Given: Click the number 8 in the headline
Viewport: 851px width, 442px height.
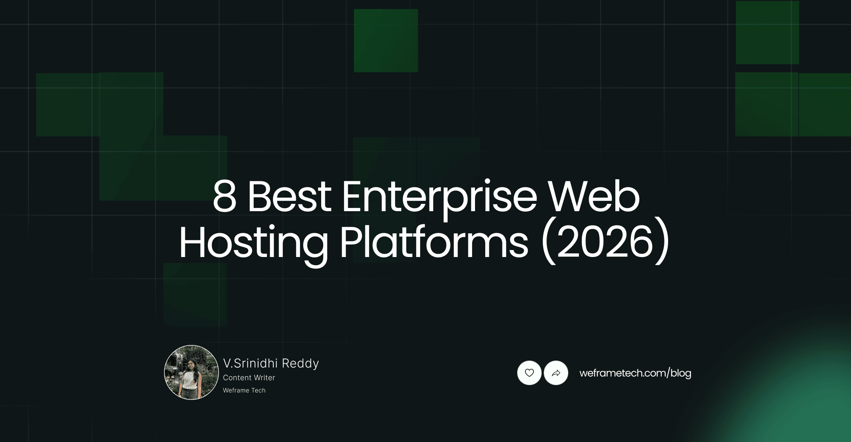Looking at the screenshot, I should click(225, 197).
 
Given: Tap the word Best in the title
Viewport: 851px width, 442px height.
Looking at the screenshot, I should click(289, 197).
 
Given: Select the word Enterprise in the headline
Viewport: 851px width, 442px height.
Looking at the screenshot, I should click(439, 197).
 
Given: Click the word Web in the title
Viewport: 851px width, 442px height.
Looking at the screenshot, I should click(594, 197).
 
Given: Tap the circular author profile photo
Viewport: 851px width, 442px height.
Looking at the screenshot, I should click(191, 372).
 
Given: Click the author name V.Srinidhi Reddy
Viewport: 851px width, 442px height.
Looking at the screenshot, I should click(271, 363).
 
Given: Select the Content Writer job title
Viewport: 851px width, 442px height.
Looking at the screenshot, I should click(249, 378).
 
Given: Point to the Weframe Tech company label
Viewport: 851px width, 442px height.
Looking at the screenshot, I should click(244, 390).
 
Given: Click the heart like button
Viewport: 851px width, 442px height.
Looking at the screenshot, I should click(529, 373).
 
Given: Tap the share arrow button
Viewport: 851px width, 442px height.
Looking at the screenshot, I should click(556, 373).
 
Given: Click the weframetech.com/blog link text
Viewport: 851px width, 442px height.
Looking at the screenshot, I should click(635, 373).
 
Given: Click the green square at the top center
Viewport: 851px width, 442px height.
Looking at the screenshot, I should click(386, 41).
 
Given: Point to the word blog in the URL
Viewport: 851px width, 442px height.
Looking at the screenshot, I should click(681, 373).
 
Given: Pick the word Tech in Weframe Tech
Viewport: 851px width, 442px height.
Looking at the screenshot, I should click(259, 390).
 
